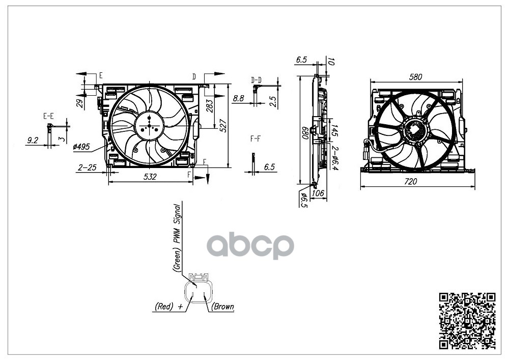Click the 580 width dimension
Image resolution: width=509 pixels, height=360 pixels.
pos(416,77)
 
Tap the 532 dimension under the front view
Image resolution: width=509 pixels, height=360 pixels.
pos(150,177)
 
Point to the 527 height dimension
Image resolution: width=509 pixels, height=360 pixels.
pos(223,126)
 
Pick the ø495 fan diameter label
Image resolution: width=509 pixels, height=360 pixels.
pos(81,147)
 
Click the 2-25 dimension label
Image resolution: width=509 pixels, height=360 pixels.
pos(88,167)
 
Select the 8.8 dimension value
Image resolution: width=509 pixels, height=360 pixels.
pos(238,98)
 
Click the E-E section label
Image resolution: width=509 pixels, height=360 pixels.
pos(48,117)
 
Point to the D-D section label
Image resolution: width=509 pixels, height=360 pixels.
pos(256,80)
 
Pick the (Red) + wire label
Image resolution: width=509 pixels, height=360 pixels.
pos(168,307)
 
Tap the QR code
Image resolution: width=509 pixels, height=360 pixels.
pos(467,321)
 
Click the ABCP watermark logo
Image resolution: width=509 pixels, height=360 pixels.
pos(250,246)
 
